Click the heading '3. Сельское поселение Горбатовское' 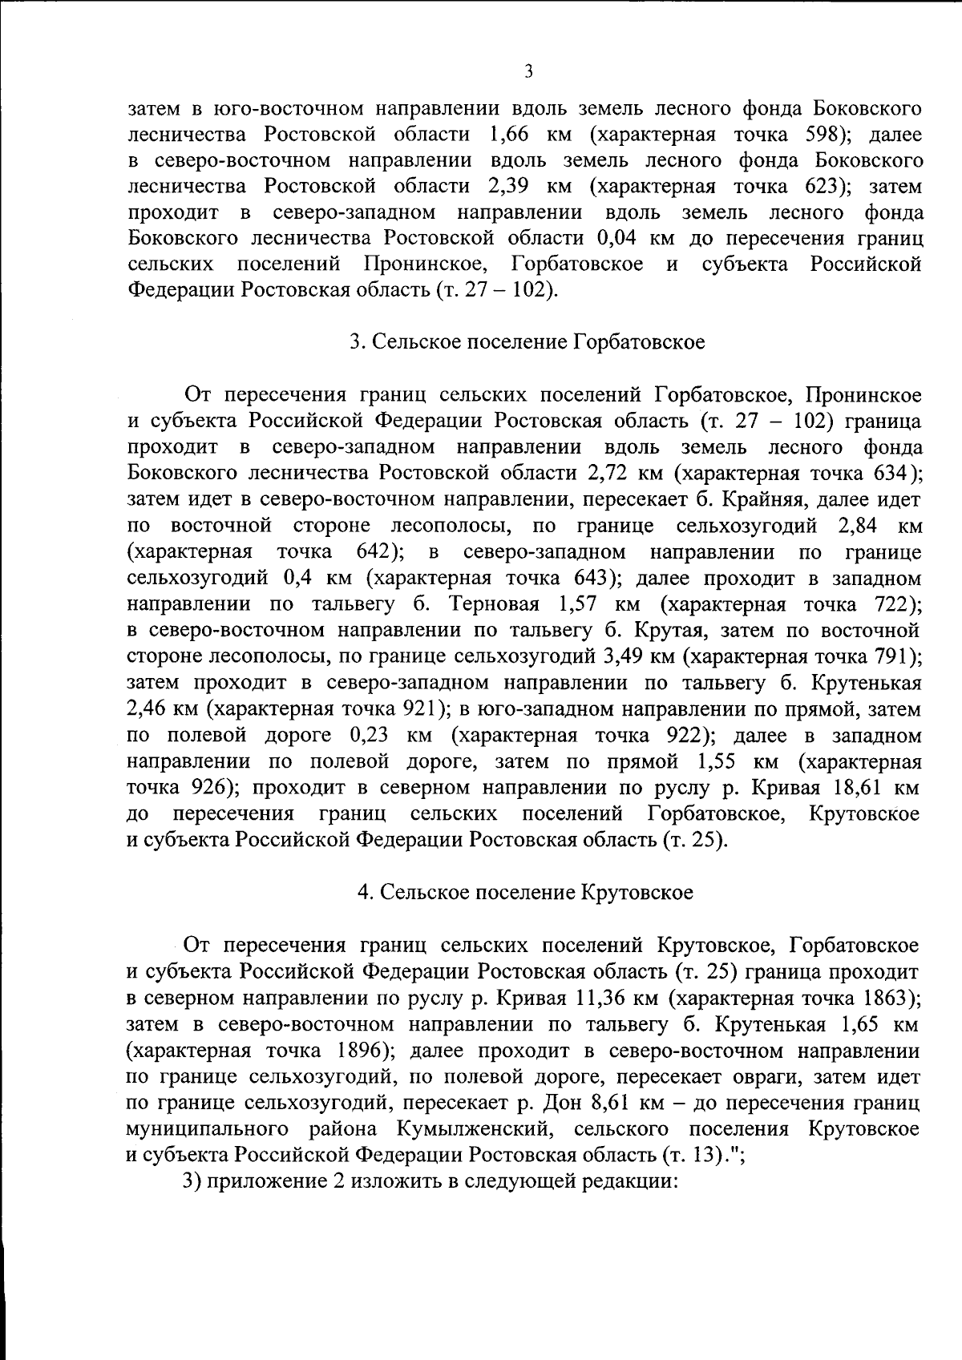click(527, 342)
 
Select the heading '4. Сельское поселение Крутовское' click(525, 892)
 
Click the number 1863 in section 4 click(886, 999)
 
